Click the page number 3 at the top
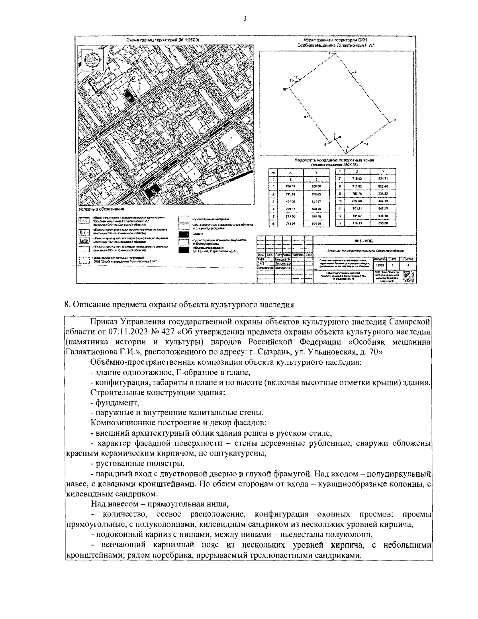pos(245,18)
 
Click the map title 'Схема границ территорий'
pos(163,40)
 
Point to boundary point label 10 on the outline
pos(284,89)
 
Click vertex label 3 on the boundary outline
pos(394,120)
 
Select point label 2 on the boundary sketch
pos(355,71)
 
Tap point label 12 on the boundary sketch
pos(296,77)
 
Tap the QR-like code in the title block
pos(408,276)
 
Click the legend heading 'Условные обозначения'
pos(101,209)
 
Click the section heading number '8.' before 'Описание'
pos(67,305)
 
